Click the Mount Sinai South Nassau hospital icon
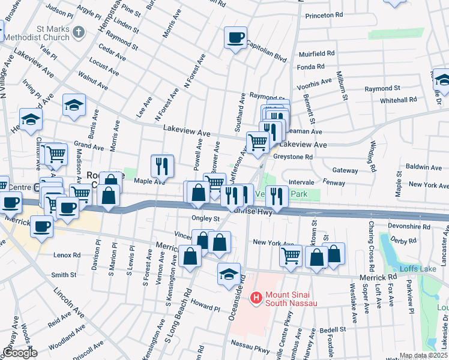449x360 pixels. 256,297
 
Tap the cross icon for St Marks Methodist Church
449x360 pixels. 79,31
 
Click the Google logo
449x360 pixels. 20,353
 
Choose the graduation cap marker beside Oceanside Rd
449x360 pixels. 229,274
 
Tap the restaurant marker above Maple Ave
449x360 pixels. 162,164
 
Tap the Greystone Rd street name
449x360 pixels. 293,157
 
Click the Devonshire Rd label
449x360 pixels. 410,227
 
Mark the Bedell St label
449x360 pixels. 333,329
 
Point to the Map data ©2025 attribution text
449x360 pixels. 424,355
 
